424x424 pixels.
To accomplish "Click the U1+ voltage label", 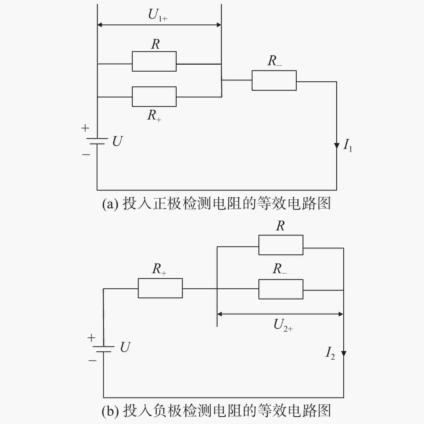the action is click(x=158, y=15).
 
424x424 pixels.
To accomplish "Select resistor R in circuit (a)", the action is click(x=154, y=61).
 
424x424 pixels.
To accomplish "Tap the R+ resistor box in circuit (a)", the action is click(x=154, y=97).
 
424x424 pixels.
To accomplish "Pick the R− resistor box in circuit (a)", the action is click(x=274, y=80).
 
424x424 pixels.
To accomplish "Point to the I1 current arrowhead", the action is click(x=337, y=146).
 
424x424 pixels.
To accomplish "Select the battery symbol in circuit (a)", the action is click(x=97, y=141).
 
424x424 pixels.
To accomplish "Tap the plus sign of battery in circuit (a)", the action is click(x=85, y=128).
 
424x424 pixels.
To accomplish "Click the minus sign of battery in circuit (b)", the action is click(x=92, y=360).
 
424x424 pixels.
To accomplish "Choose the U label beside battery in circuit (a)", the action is click(x=118, y=141).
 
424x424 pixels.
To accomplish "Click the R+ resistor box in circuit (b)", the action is click(x=160, y=288).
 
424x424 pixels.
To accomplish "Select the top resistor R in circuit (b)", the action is click(x=281, y=245).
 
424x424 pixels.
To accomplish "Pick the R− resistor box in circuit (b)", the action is click(x=281, y=289).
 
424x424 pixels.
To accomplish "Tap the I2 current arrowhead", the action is click(x=344, y=353).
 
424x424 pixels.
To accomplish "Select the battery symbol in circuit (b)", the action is click(x=104, y=349).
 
